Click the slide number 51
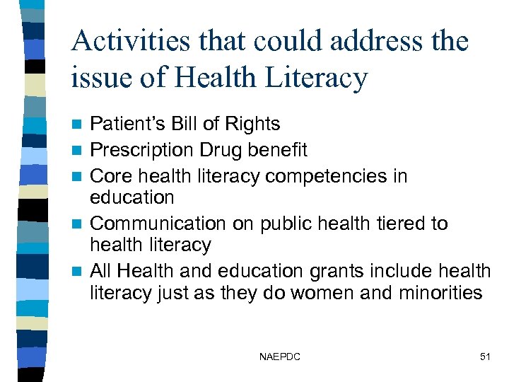click(x=484, y=357)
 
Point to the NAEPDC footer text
click(x=280, y=357)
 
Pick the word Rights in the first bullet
click(x=252, y=124)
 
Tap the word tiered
click(x=392, y=224)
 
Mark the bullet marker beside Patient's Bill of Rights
click(x=80, y=125)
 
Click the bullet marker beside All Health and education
click(x=80, y=272)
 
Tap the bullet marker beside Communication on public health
click(x=80, y=224)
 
